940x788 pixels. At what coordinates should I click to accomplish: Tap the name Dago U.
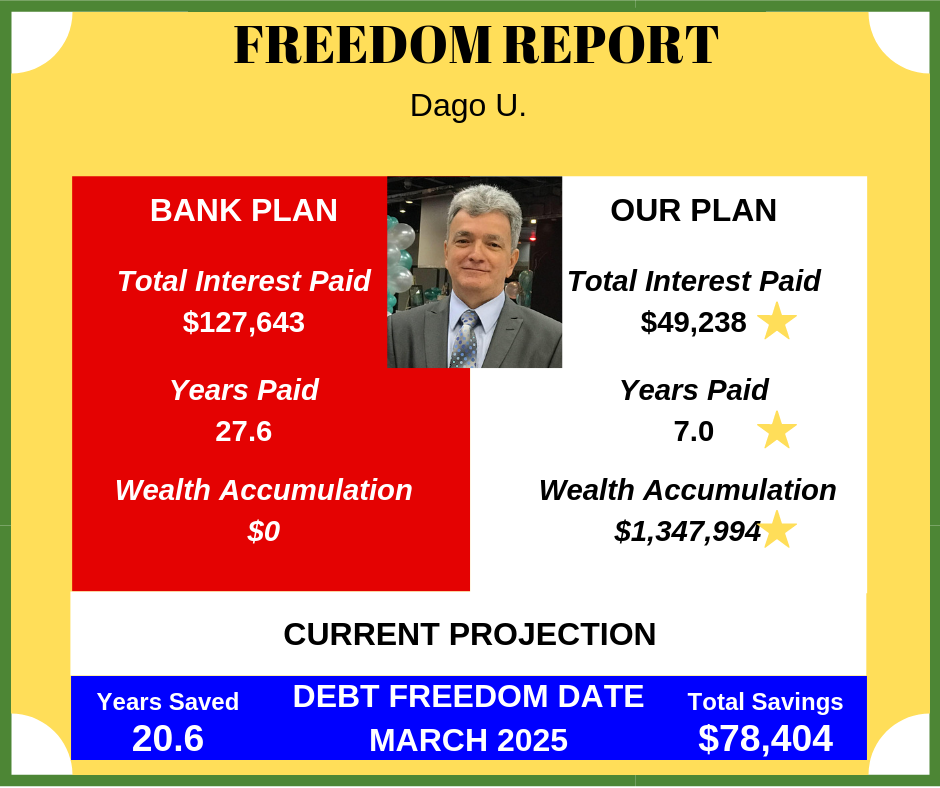[468, 106]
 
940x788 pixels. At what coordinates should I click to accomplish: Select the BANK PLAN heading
[243, 210]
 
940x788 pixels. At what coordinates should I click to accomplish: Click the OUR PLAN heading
[693, 210]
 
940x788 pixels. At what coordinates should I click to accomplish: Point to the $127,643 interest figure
[243, 322]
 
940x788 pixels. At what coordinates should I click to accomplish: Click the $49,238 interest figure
[693, 322]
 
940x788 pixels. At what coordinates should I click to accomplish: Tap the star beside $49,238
[777, 321]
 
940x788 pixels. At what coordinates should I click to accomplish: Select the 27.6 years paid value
[243, 431]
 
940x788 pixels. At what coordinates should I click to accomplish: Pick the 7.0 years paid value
[694, 431]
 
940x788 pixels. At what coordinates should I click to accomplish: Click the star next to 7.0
[777, 431]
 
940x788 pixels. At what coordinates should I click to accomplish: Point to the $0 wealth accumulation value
[264, 531]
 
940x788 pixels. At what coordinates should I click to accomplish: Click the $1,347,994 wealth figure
[688, 531]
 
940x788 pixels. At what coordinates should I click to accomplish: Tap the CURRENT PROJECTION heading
[469, 634]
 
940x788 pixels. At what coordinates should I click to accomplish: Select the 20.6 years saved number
[168, 738]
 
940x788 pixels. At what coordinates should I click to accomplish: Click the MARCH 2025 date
[468, 740]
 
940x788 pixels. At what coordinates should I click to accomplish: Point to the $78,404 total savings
[766, 738]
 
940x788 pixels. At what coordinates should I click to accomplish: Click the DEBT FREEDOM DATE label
[468, 696]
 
